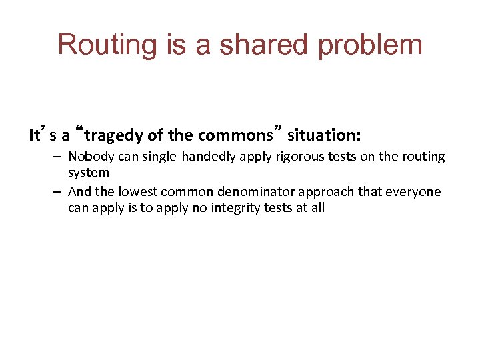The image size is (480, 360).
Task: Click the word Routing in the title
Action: click(x=99, y=45)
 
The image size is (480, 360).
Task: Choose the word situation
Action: click(x=323, y=136)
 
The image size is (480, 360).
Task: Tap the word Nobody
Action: click(x=89, y=157)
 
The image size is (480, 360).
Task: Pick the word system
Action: click(x=88, y=173)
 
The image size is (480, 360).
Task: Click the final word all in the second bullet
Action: click(x=317, y=207)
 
